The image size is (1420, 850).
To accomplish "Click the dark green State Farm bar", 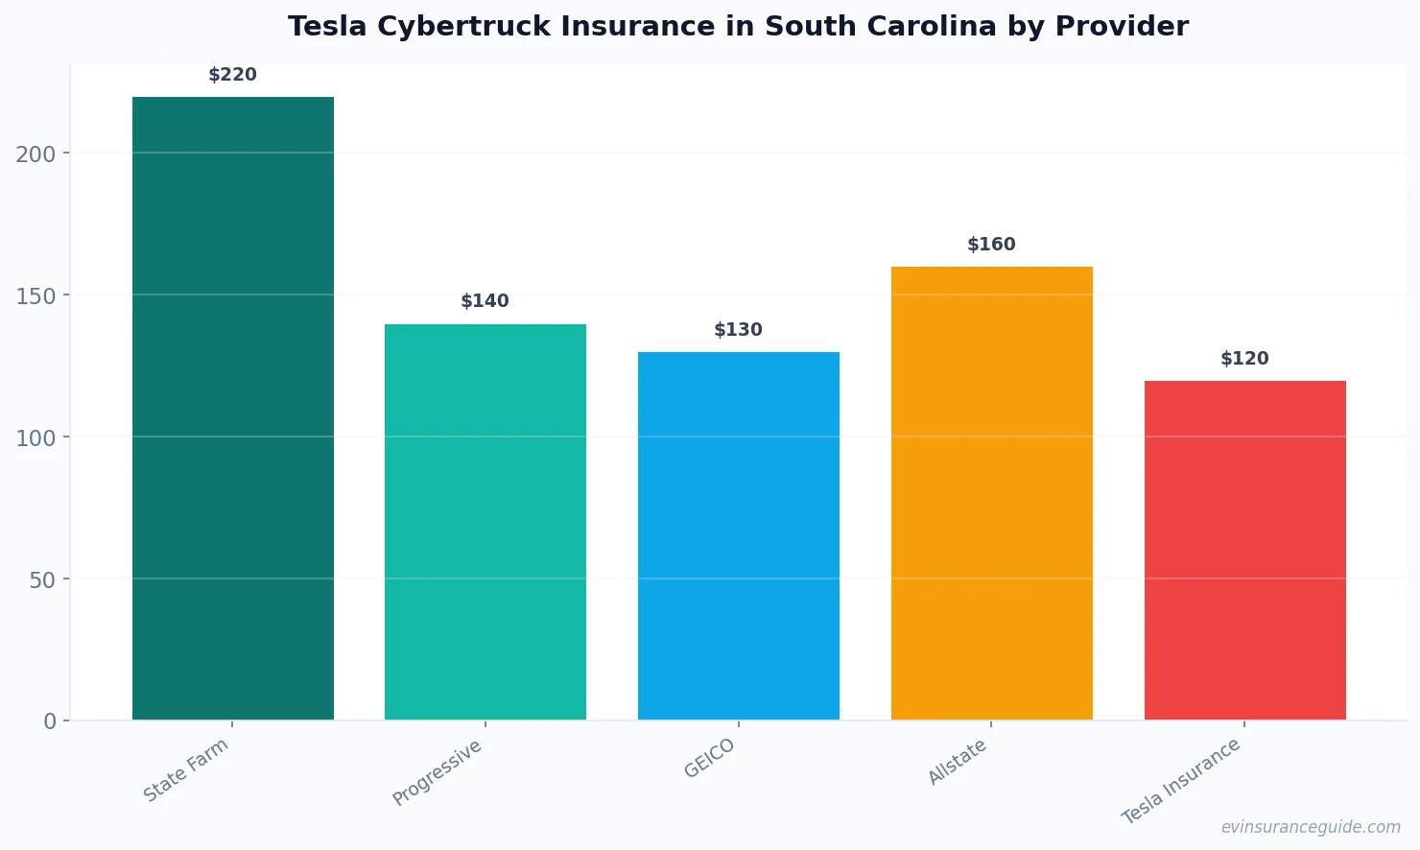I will [232, 408].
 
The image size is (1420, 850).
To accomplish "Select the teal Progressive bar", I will [485, 522].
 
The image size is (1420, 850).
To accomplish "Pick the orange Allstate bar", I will [991, 493].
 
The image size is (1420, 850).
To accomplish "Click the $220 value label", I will [232, 75].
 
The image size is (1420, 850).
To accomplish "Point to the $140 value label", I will [485, 301].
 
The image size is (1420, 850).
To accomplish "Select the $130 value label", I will [738, 330].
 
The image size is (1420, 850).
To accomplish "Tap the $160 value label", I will [991, 245].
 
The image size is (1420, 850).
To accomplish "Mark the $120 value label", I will [1244, 359].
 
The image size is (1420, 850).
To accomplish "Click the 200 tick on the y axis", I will [35, 153].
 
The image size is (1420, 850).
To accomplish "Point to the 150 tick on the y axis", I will [35, 295].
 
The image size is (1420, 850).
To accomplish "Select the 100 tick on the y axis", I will [35, 437].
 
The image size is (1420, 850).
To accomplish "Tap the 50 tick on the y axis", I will [41, 579].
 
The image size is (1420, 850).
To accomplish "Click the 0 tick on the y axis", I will [50, 721].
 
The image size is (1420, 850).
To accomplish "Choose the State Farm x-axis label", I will [186, 769].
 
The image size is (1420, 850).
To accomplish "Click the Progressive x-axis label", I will [438, 772].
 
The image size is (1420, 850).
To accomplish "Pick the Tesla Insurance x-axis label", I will [1181, 781].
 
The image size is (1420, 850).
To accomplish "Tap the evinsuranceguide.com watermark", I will [1311, 827].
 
